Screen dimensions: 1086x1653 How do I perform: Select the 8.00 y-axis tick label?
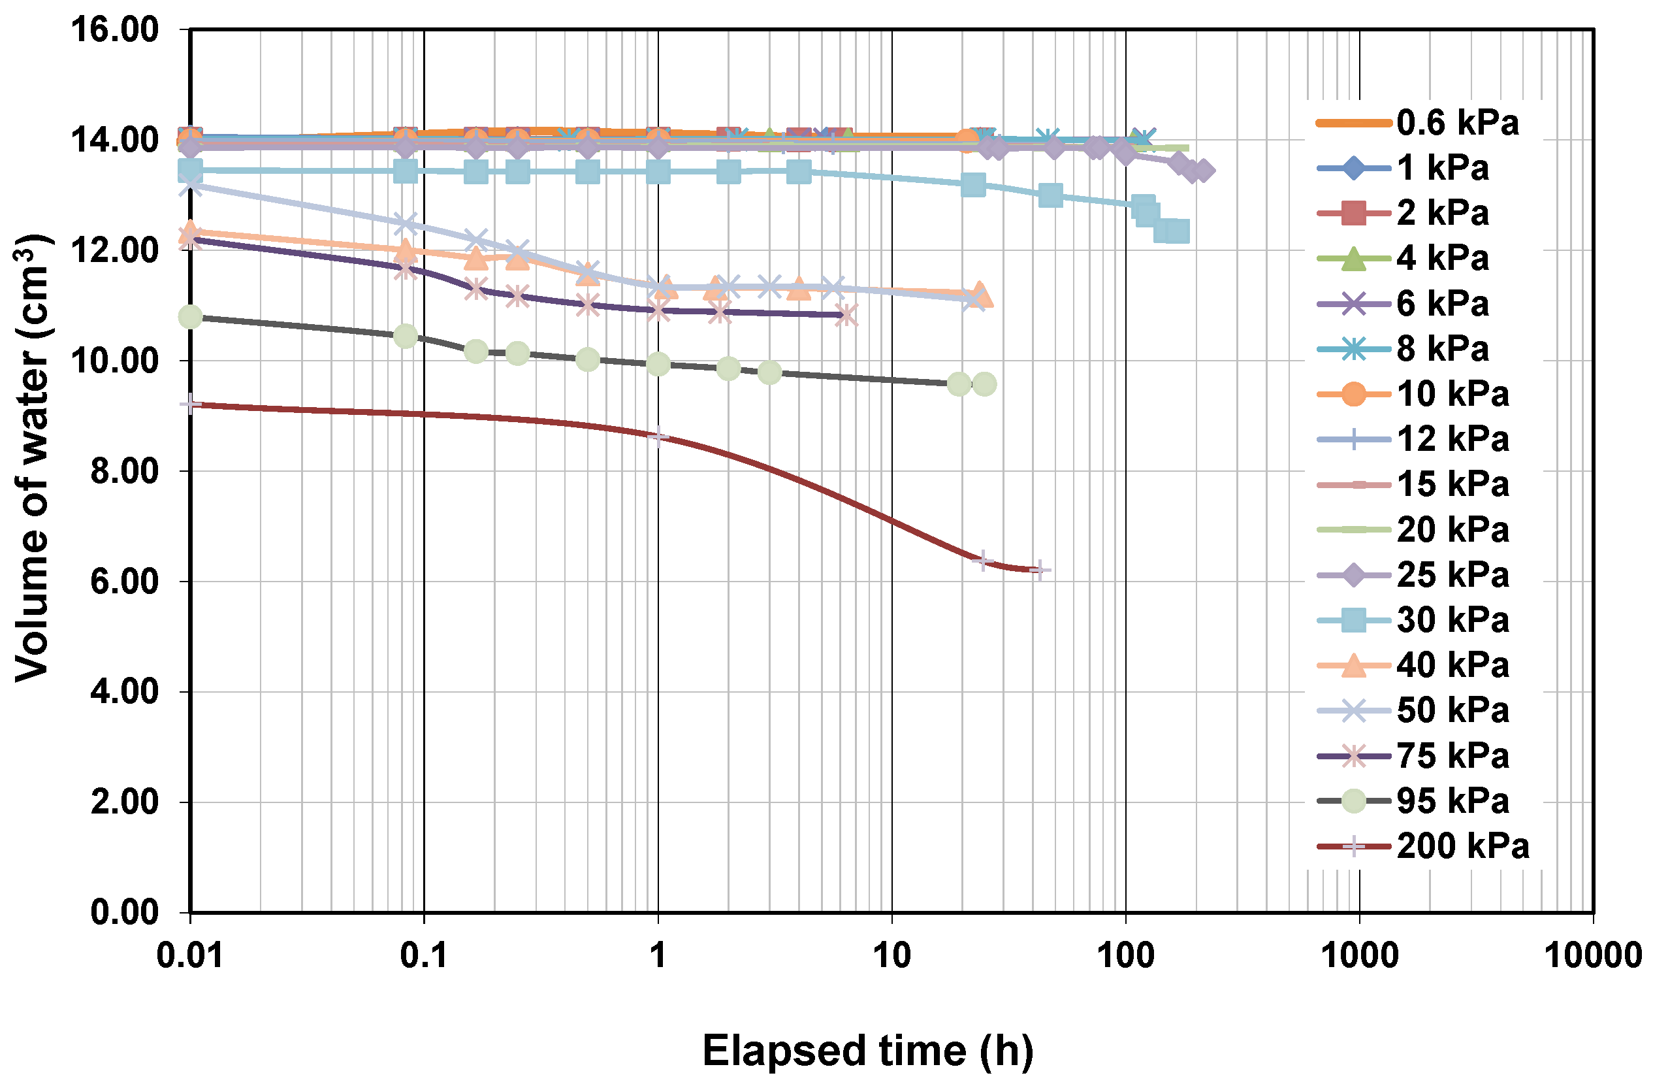124,472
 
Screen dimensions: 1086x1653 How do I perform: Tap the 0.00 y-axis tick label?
124,912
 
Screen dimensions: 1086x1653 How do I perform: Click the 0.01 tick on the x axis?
189,956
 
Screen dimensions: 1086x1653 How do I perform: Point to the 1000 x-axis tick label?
1358,956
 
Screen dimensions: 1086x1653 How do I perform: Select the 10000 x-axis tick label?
1592,956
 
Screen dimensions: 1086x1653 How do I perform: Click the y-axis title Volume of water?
33,459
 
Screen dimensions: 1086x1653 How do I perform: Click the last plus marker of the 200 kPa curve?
1038,570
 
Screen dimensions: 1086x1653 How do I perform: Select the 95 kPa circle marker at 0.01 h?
190,317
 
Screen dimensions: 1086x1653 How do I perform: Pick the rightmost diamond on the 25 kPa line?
1204,171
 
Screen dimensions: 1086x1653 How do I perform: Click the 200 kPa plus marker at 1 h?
658,436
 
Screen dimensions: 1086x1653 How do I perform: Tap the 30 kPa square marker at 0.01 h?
190,169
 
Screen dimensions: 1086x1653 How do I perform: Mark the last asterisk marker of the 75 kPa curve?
846,315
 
